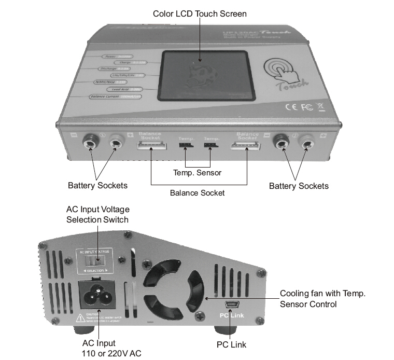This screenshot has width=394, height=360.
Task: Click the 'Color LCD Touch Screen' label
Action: [200, 13]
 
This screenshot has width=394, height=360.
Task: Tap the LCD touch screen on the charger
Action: [206, 75]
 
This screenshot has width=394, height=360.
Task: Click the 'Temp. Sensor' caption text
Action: [198, 173]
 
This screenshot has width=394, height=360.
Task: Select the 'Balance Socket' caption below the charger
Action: [198, 193]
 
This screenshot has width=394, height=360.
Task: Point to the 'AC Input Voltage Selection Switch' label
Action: [98, 214]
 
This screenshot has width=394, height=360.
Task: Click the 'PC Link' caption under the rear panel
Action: [231, 344]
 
